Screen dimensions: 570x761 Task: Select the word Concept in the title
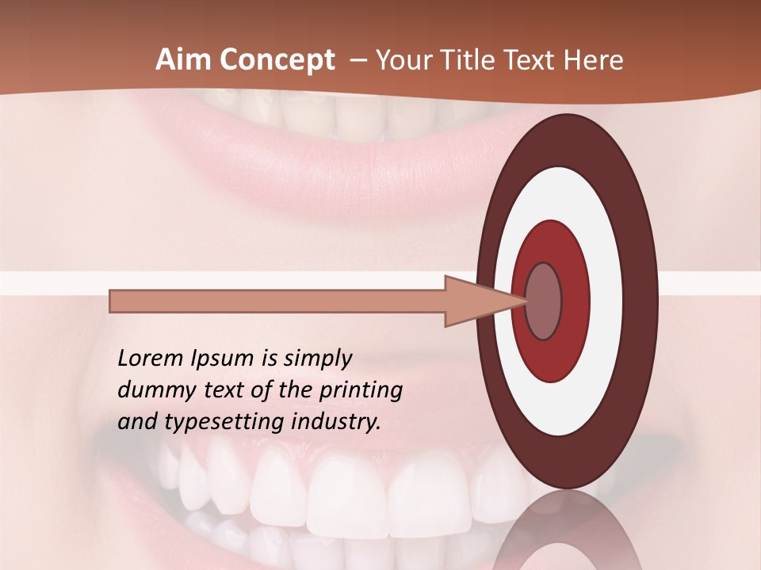277,60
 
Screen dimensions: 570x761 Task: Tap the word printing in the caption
360,391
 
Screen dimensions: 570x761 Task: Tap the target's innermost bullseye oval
544,301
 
